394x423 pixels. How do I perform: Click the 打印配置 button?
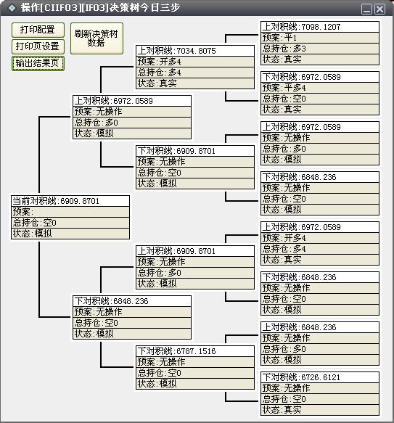38,30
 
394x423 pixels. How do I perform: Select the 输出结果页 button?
38,63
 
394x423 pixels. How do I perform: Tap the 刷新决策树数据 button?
97,38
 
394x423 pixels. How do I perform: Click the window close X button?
380,9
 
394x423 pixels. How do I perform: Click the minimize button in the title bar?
366,9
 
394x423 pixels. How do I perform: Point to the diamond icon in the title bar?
12,8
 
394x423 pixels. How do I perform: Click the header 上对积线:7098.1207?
320,27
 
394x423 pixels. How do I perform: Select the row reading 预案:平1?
320,38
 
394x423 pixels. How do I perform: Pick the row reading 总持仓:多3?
320,49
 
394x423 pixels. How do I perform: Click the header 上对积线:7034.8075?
195,51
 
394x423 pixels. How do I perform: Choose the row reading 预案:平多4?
320,88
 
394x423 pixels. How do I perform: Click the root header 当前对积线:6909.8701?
70,201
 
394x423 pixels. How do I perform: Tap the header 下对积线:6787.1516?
195,351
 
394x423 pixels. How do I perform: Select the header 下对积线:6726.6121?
320,377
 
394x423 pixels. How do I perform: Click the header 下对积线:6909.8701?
195,151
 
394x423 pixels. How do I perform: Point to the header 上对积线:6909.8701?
195,251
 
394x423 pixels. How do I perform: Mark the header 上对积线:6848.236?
320,327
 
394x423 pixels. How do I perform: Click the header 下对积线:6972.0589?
320,77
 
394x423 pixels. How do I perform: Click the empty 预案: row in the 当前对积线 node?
70,212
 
